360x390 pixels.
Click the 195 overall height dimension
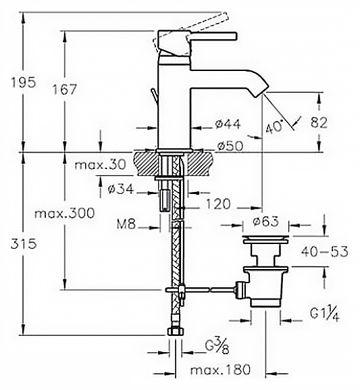pos(24,82)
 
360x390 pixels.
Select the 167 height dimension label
pos(65,89)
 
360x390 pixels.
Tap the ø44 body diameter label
pos(228,124)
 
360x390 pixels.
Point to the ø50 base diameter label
pos(230,146)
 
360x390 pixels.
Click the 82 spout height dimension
pos(319,122)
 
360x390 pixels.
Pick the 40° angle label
pos(274,127)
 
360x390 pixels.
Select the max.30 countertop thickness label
pos(100,165)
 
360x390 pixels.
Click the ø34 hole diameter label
pos(121,189)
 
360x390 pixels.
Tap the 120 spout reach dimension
pos(218,204)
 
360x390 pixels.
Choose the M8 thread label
pos(126,225)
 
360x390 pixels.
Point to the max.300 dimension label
pos(65,214)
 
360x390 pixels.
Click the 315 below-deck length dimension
pos(24,244)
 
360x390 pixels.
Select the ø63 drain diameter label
pos(265,221)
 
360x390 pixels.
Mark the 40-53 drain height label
pos(324,251)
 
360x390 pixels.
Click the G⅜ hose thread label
pos(217,346)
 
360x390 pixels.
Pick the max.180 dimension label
pos(220,370)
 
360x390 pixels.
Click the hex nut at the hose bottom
pos(176,331)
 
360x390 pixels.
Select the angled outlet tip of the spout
pos(260,91)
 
